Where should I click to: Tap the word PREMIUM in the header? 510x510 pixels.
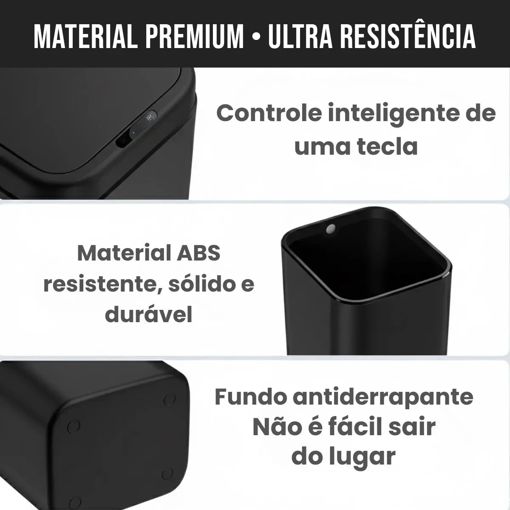pyautogui.click(x=195, y=37)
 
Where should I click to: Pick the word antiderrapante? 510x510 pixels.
pyautogui.click(x=383, y=397)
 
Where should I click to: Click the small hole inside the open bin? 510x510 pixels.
pyautogui.click(x=330, y=229)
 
